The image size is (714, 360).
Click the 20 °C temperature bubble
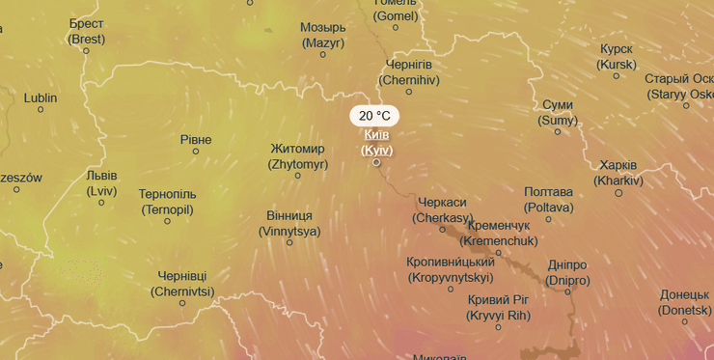pyautogui.click(x=374, y=116)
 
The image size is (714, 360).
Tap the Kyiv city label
pyautogui.click(x=376, y=143)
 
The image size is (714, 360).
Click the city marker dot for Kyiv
pyautogui.click(x=377, y=162)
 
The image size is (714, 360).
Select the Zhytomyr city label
pyautogui.click(x=298, y=156)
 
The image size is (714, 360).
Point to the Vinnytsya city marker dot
pyautogui.click(x=289, y=242)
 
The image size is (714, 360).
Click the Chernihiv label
pyautogui.click(x=409, y=72)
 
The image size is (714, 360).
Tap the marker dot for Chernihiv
pyautogui.click(x=409, y=92)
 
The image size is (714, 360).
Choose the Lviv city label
pyautogui.click(x=101, y=183)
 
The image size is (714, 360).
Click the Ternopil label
pyautogui.click(x=167, y=202)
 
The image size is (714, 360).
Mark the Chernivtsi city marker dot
pyautogui.click(x=182, y=303)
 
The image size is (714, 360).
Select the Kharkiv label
pyautogui.click(x=618, y=173)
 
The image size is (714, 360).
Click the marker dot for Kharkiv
pyautogui.click(x=618, y=193)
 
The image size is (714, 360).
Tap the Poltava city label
pyautogui.click(x=548, y=200)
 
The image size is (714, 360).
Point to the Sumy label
pyautogui.click(x=558, y=113)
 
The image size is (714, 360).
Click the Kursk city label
pyautogui.click(x=617, y=57)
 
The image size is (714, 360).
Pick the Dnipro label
pyautogui.click(x=566, y=273)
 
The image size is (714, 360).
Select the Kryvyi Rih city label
pyautogui.click(x=499, y=308)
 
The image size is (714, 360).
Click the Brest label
pyautogui.click(x=86, y=31)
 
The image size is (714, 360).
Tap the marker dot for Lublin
pyautogui.click(x=41, y=110)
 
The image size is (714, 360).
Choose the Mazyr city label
pyautogui.click(x=323, y=35)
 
